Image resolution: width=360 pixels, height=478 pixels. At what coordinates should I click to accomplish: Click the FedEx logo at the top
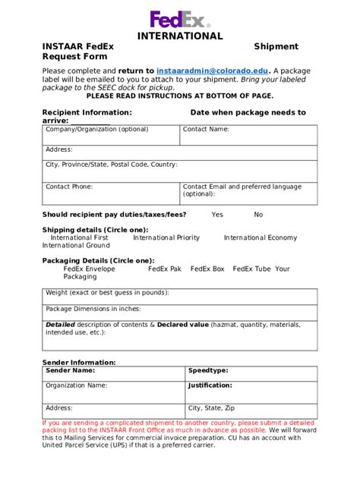click(180, 20)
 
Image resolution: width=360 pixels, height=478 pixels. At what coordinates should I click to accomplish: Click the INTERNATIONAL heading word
click(180, 36)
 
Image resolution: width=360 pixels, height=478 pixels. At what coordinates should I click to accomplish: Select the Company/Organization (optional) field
click(111, 134)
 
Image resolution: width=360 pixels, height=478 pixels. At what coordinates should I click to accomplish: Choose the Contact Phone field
click(111, 193)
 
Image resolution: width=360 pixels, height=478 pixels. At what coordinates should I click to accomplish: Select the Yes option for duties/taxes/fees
click(217, 215)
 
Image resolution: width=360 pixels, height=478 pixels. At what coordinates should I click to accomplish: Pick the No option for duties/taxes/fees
click(258, 215)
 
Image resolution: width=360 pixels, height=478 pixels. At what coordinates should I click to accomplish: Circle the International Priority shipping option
click(166, 237)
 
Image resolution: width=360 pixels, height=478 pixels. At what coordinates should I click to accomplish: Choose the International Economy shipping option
click(261, 237)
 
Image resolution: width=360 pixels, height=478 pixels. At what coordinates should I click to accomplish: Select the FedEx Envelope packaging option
click(90, 269)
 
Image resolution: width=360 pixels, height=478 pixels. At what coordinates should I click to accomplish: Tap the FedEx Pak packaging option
click(165, 269)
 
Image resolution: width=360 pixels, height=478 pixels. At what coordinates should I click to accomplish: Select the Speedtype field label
click(207, 370)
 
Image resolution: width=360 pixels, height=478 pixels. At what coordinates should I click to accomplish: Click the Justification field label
click(210, 385)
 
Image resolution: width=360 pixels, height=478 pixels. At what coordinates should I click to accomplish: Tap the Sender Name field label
click(70, 370)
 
